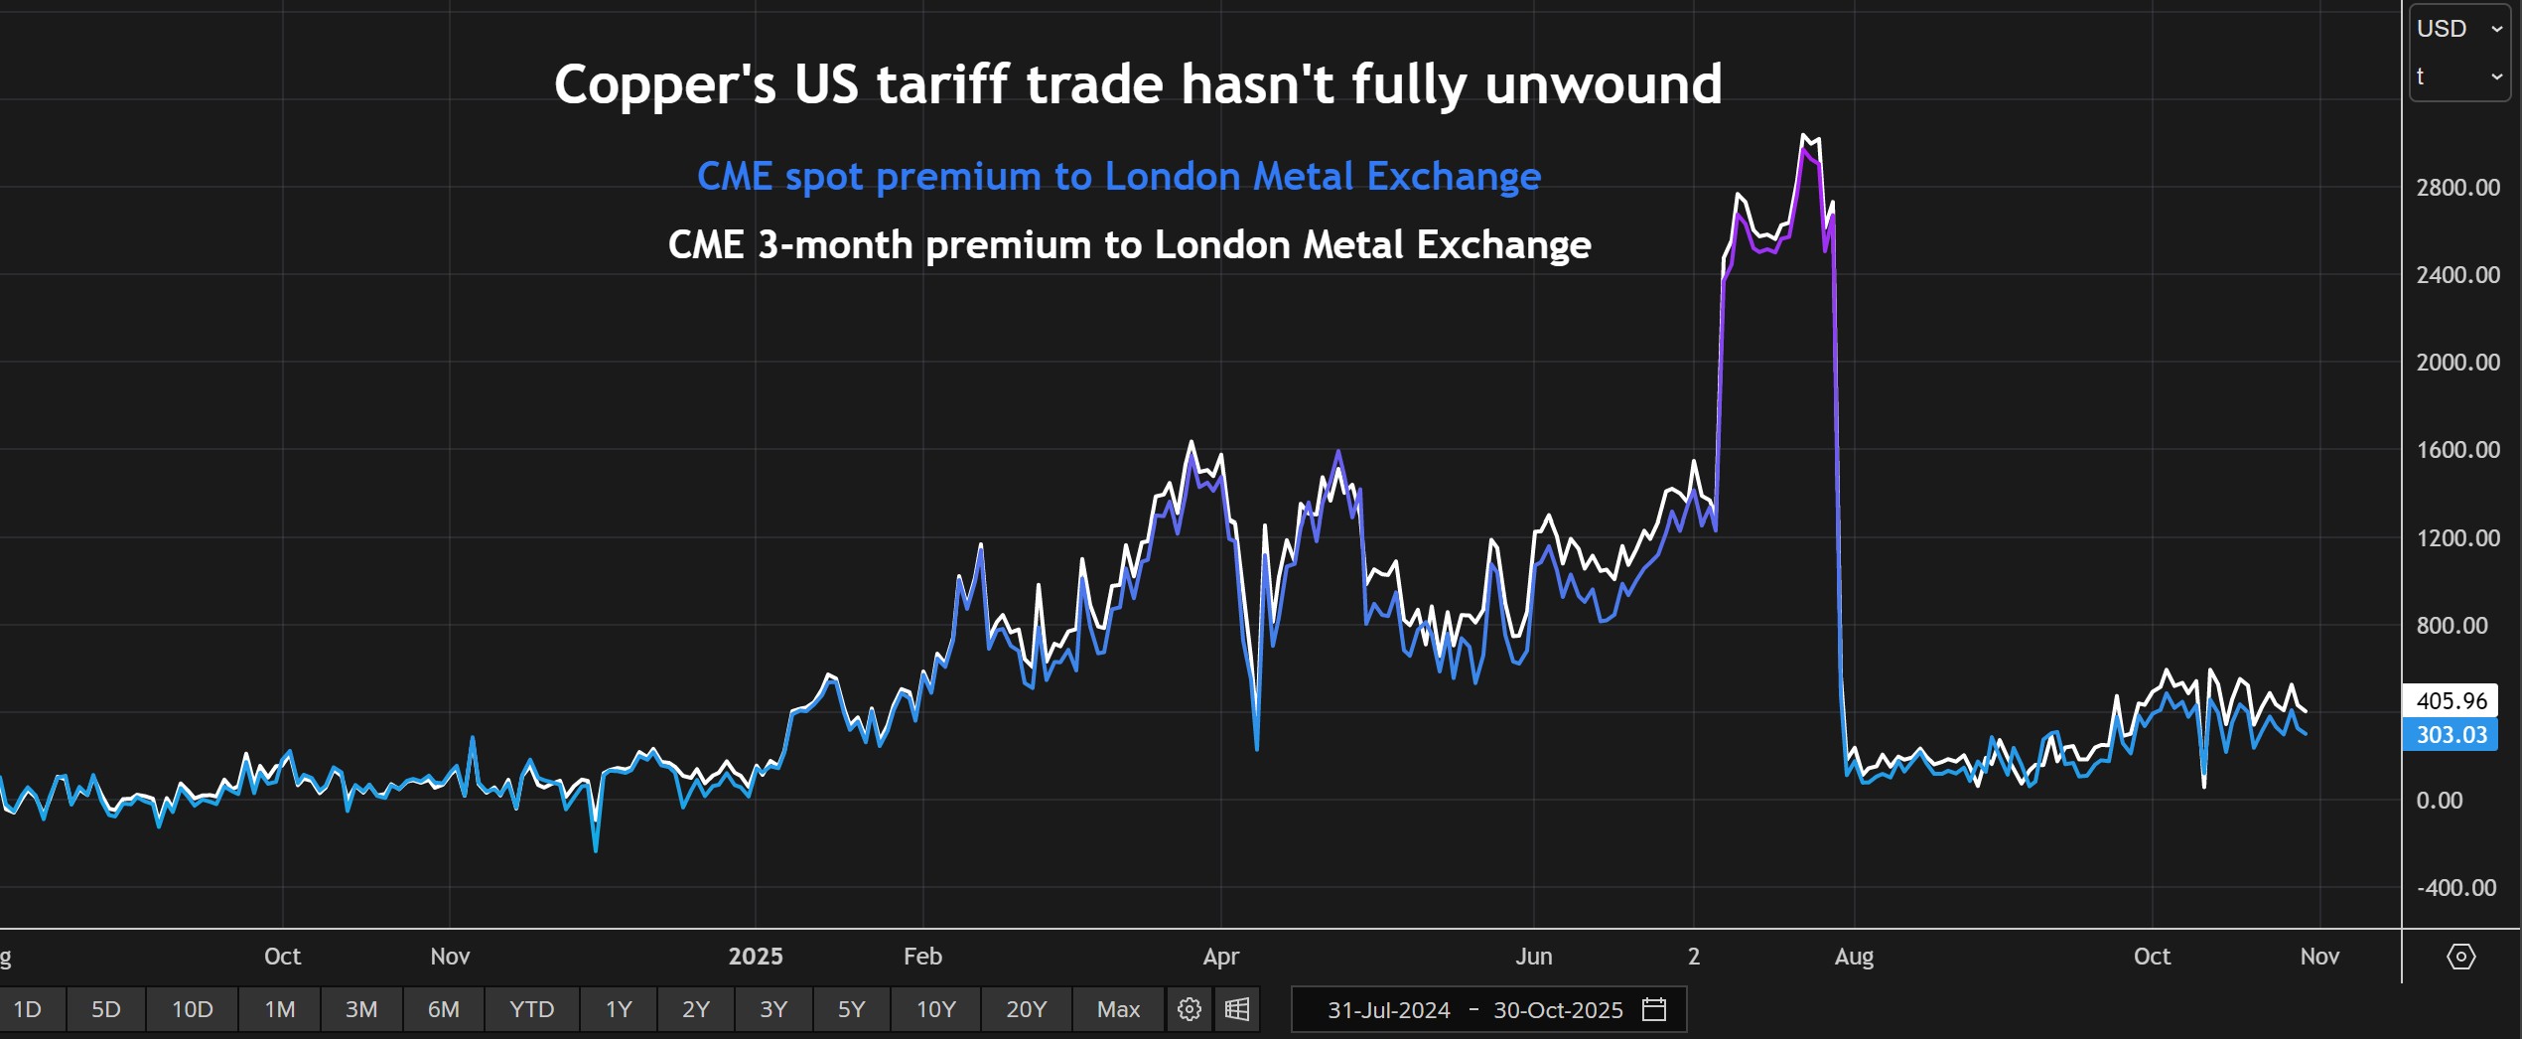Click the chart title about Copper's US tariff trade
pyautogui.click(x=1138, y=83)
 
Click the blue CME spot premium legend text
pyautogui.click(x=1119, y=177)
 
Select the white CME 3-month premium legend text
pyautogui.click(x=1129, y=244)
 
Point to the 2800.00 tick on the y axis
pyautogui.click(x=2457, y=188)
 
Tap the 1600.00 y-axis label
pyautogui.click(x=2457, y=450)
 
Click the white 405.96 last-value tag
pyautogui.click(x=2451, y=700)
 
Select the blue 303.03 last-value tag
pyautogui.click(x=2451, y=735)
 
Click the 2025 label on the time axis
pyautogui.click(x=756, y=957)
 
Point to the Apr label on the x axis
pyautogui.click(x=1220, y=957)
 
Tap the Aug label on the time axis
pyautogui.click(x=1854, y=957)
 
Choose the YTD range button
pyautogui.click(x=531, y=1009)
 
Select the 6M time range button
pyautogui.click(x=443, y=1009)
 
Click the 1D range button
pyautogui.click(x=28, y=1009)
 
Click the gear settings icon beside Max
pyautogui.click(x=1189, y=1009)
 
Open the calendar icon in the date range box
pyautogui.click(x=1654, y=1009)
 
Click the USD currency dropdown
pyautogui.click(x=2458, y=29)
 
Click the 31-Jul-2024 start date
pyautogui.click(x=1388, y=1010)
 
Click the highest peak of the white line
pyautogui.click(x=1804, y=135)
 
